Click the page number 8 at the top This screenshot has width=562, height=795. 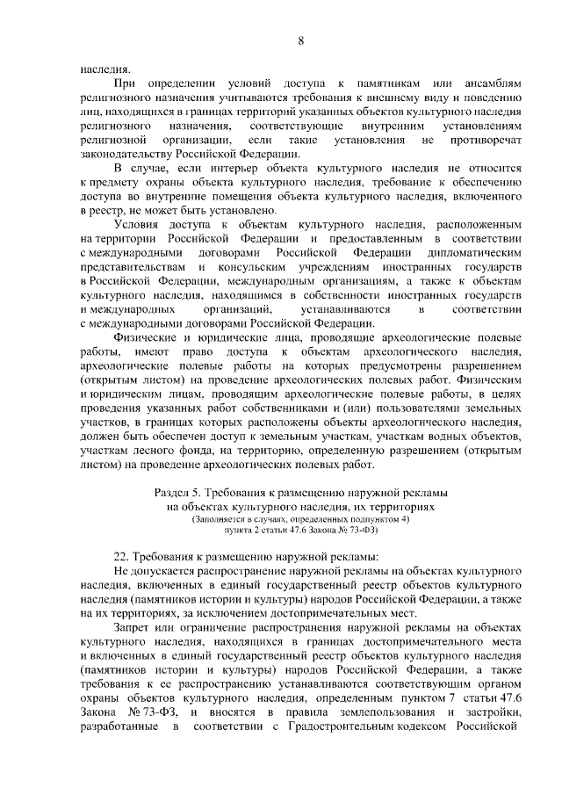coord(301,41)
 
